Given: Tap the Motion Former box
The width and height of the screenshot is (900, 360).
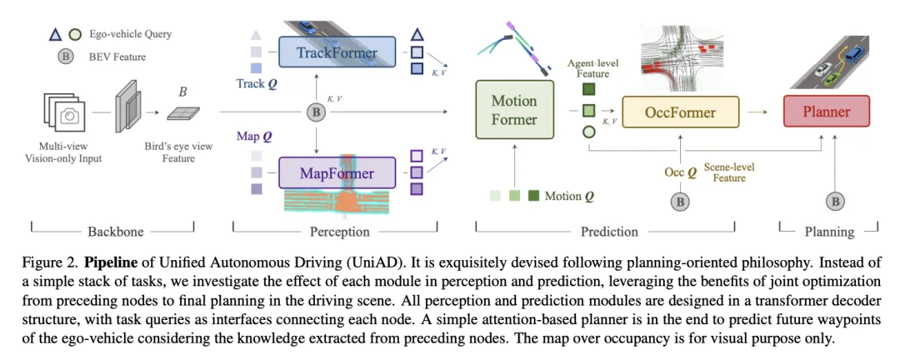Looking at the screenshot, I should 513,110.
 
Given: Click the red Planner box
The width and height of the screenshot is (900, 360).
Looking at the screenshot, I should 826,110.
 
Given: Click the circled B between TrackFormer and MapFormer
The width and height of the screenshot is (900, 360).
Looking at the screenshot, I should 316,111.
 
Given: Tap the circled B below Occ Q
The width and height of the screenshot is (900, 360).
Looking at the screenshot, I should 681,200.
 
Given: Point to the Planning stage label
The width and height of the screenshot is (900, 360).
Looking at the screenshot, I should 829,231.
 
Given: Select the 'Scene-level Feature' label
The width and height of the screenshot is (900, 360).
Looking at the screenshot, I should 730,172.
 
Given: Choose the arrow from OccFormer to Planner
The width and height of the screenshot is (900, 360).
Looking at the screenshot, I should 757,110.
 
